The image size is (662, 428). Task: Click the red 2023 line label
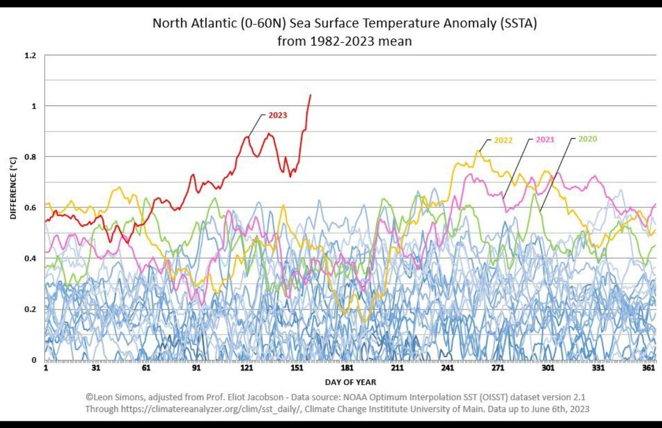[x=277, y=115]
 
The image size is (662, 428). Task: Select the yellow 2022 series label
[x=503, y=140]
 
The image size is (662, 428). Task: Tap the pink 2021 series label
[x=545, y=139]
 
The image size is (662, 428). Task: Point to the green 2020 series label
[x=588, y=139]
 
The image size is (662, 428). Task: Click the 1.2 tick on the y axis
[x=30, y=56]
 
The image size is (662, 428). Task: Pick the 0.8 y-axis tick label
[x=30, y=157]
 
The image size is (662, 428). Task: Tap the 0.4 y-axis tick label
[x=30, y=258]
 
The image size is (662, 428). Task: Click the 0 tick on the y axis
[x=34, y=360]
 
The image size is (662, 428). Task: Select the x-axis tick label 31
[x=96, y=368]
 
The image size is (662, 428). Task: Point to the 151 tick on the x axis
[x=297, y=368]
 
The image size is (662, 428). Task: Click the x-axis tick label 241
[x=447, y=368]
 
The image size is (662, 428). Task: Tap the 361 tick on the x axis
[x=648, y=368]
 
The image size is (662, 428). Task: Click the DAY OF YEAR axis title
[x=350, y=382]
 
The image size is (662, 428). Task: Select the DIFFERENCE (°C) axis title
[x=13, y=188]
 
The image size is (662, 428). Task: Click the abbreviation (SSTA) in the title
[x=519, y=23]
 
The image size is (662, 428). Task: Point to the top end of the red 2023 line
[x=310, y=95]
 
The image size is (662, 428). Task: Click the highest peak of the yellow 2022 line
[x=478, y=150]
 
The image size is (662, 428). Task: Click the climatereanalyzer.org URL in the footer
[x=211, y=409]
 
